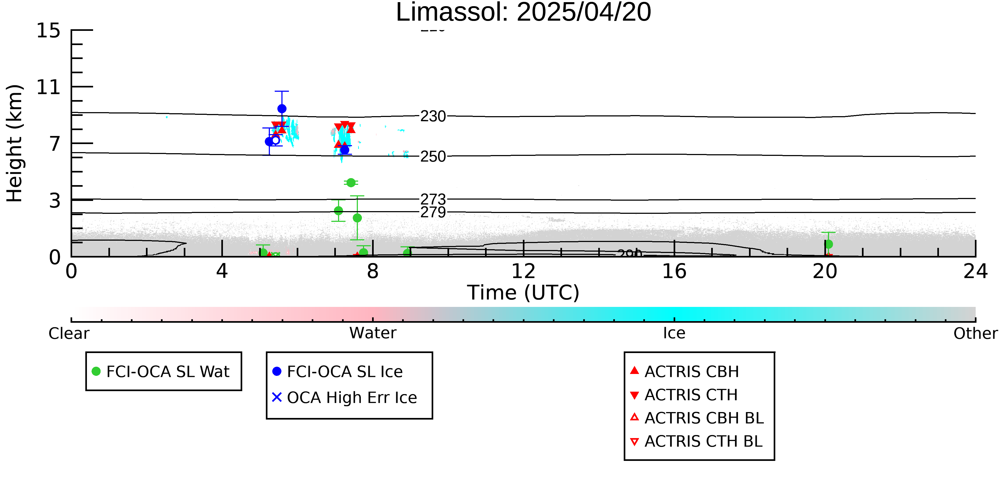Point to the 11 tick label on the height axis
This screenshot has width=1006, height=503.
click(x=49, y=87)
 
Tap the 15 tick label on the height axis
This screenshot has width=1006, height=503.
click(x=49, y=31)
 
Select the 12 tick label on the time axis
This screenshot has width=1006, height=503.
click(x=523, y=271)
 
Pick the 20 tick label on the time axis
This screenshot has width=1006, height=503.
click(x=825, y=271)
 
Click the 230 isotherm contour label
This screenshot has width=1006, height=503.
click(x=433, y=116)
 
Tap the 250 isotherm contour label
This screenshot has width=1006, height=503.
click(x=433, y=157)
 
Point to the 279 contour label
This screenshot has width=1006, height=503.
click(x=433, y=212)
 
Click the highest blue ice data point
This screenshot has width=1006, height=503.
click(x=282, y=109)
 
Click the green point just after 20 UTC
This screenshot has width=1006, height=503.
click(x=828, y=244)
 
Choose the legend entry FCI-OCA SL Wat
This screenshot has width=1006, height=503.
click(x=168, y=371)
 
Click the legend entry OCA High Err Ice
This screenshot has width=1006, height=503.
click(x=351, y=398)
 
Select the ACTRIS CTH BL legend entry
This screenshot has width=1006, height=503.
click(x=703, y=441)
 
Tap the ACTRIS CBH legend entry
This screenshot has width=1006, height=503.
click(x=691, y=371)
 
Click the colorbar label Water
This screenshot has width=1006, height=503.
click(x=373, y=333)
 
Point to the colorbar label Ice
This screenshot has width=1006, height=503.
click(x=674, y=333)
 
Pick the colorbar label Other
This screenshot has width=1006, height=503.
click(x=975, y=333)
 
